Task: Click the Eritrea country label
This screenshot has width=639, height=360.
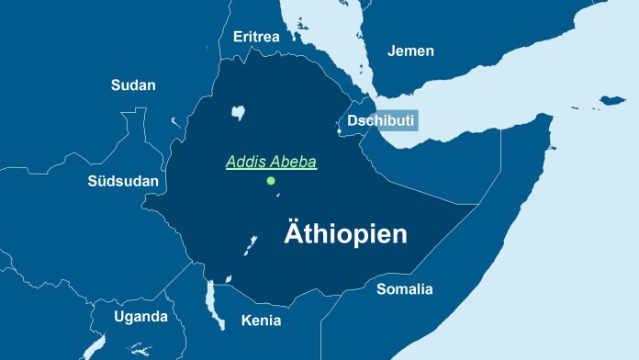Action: pyautogui.click(x=256, y=37)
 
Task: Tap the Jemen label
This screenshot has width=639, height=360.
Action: pyautogui.click(x=410, y=51)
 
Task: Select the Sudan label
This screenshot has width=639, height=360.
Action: pyautogui.click(x=133, y=85)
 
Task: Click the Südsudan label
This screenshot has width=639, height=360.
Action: pyautogui.click(x=123, y=181)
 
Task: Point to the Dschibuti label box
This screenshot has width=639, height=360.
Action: pyautogui.click(x=381, y=120)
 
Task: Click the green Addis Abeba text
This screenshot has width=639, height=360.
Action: pyautogui.click(x=271, y=163)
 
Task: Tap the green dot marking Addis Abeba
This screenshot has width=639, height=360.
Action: pyautogui.click(x=271, y=181)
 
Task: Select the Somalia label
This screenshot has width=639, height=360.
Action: pyautogui.click(x=404, y=289)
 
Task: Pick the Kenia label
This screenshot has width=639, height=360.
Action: pyautogui.click(x=261, y=321)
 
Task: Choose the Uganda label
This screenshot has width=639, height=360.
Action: pyautogui.click(x=140, y=317)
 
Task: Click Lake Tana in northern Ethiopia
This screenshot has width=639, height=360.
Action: pyautogui.click(x=240, y=113)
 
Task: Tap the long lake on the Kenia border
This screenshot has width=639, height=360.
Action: pyautogui.click(x=214, y=305)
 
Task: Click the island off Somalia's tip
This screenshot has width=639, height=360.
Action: pyautogui.click(x=612, y=98)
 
